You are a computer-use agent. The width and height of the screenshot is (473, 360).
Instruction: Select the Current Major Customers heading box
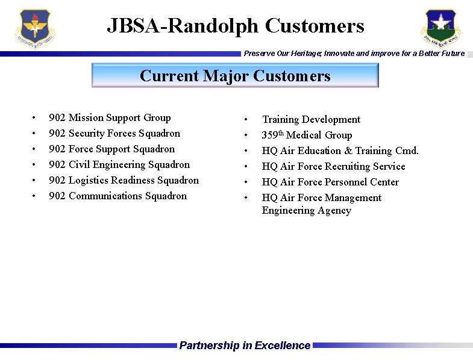(x=235, y=76)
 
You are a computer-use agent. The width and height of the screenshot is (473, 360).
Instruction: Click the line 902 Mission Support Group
(x=110, y=118)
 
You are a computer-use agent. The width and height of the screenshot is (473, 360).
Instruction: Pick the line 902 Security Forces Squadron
(x=114, y=134)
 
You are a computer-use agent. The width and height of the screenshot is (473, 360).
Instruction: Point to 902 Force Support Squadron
(x=111, y=149)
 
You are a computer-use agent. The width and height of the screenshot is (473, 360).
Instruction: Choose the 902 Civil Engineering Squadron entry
(x=119, y=165)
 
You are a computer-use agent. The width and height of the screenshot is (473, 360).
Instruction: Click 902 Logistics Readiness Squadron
(x=124, y=181)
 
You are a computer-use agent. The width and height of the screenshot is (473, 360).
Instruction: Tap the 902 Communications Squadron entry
(x=117, y=196)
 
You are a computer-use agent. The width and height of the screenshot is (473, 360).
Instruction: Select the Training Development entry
(x=311, y=120)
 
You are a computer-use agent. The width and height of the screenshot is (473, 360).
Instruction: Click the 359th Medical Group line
(x=307, y=135)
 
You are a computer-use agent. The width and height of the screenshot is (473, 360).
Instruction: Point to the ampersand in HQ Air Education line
(x=348, y=151)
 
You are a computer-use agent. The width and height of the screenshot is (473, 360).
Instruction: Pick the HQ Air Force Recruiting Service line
(x=333, y=167)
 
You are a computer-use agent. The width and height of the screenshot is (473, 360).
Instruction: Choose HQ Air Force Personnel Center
(x=330, y=182)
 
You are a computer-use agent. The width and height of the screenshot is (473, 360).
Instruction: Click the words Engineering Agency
(x=306, y=211)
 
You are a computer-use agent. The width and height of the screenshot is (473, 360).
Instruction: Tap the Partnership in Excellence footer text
(x=245, y=346)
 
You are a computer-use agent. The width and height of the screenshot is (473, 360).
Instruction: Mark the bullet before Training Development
(x=245, y=120)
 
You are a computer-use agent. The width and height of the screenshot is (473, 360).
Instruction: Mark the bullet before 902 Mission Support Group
(x=35, y=118)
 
